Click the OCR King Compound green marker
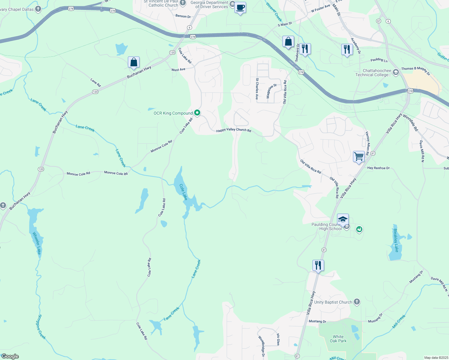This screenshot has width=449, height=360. coord(197,113)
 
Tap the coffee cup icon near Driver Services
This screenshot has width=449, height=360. coord(240,7)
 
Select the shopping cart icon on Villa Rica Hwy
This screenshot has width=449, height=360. coord(359,157)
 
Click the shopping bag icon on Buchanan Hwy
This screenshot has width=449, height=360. coord(134,62)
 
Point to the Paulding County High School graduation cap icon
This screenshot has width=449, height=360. coord(343,219)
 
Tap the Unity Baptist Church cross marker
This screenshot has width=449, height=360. coord(357,302)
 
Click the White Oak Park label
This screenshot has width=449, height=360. coord(338,339)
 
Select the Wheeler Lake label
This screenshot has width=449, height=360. coord(37,243)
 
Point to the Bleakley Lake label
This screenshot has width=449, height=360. coord(396,240)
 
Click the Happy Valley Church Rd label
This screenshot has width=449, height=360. coord(234,130)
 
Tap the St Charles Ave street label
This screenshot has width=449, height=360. coord(257,89)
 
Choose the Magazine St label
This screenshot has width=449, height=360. coord(272,91)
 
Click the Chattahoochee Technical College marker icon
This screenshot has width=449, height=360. coord(396,72)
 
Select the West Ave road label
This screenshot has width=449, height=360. coord(178,70)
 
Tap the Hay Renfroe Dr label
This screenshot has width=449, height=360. coord(378,168)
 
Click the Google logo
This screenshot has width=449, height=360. coord(10,356)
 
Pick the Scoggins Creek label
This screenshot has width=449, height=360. coord(42,327)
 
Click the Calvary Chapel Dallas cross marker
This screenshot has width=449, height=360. coord(38,9)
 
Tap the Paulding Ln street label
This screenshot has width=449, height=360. coord(379,60)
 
